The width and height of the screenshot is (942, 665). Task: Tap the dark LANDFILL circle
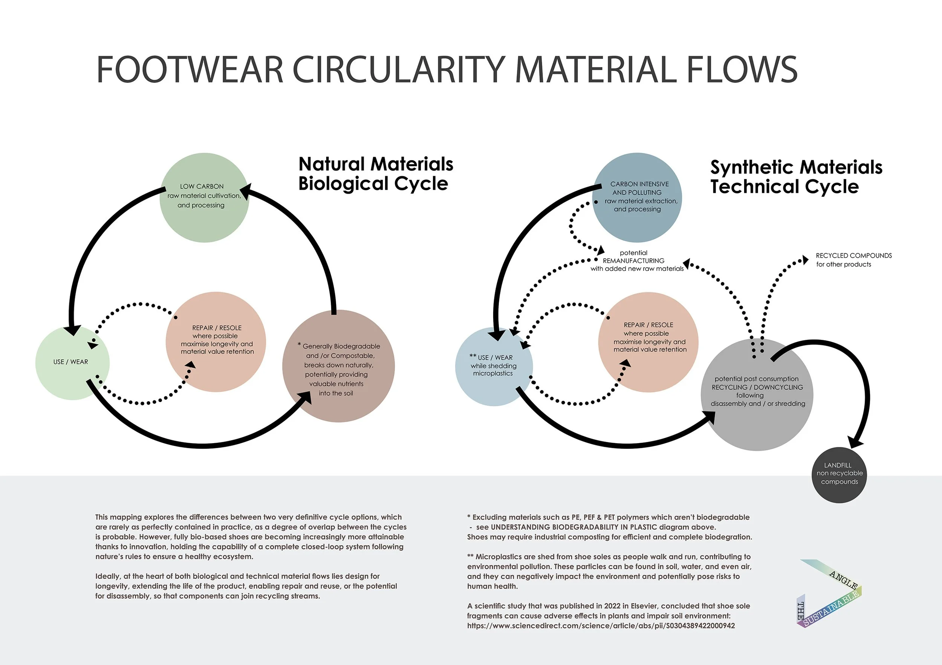coord(839,475)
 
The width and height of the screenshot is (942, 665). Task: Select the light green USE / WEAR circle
coord(72,363)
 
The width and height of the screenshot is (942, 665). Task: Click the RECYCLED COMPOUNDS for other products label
coord(853,260)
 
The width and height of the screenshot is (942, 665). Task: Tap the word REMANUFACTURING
coord(633,260)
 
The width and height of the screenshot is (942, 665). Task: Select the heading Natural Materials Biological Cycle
coord(375,174)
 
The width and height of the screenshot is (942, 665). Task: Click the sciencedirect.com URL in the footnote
coord(601,625)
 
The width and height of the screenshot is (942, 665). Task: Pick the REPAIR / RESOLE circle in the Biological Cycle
coord(216,341)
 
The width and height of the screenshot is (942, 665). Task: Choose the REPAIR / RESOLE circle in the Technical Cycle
coord(648,341)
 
